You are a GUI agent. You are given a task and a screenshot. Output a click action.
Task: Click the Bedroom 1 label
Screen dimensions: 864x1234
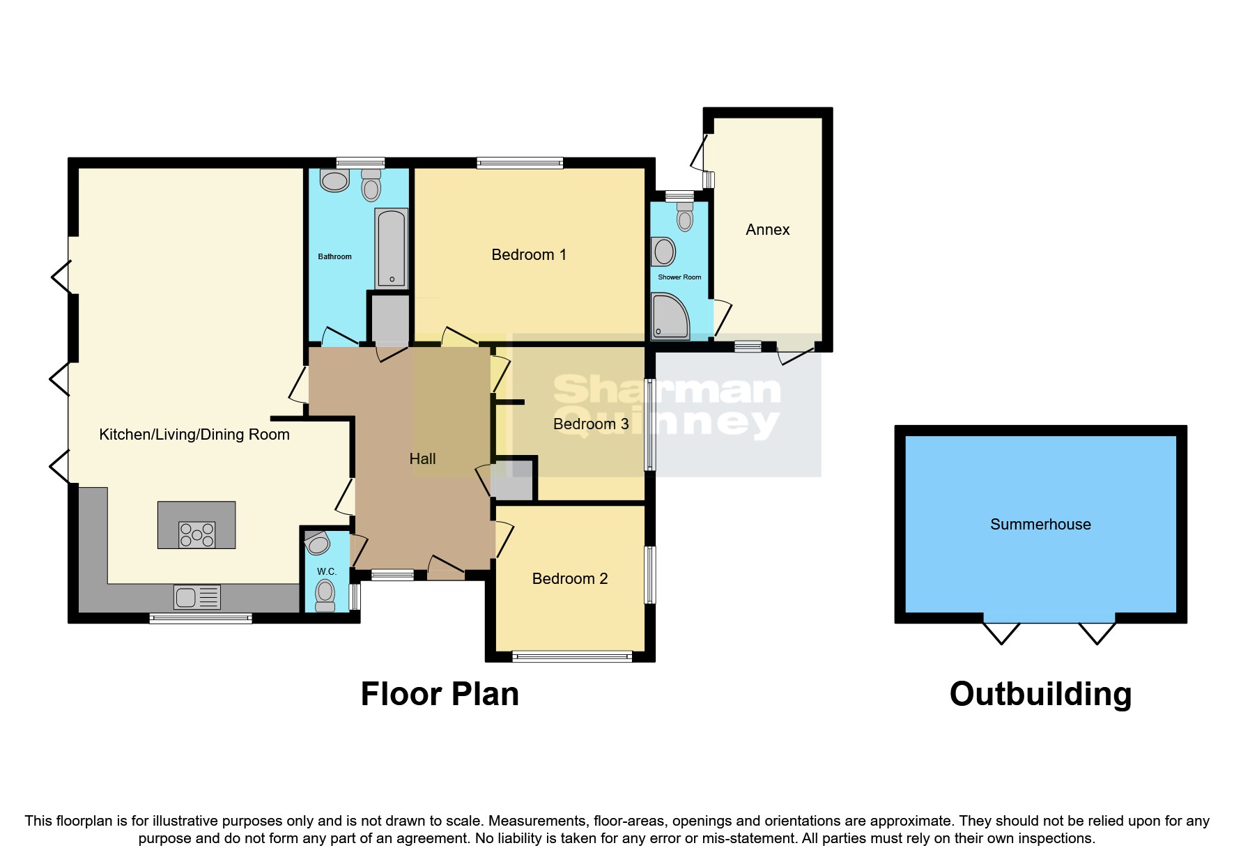[529, 255]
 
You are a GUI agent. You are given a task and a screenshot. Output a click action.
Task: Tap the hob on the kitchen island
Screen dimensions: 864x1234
[196, 534]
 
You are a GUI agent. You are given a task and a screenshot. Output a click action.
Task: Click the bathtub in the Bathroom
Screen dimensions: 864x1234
[391, 248]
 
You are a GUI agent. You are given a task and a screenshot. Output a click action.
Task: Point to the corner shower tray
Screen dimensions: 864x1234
[670, 316]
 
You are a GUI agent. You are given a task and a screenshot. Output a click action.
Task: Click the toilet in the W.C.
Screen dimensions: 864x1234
[325, 595]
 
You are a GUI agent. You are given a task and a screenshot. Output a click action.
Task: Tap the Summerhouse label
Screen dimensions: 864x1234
[1040, 525]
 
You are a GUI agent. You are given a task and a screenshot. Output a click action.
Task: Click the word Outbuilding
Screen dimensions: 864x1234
[1040, 694]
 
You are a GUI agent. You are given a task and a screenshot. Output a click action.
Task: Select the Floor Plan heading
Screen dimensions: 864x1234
[440, 694]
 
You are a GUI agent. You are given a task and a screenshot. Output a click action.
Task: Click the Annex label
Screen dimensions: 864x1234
[767, 230]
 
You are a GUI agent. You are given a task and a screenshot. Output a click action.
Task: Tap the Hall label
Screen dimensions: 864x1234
[422, 458]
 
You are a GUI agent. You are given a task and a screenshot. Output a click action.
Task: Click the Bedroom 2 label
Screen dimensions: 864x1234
[569, 579]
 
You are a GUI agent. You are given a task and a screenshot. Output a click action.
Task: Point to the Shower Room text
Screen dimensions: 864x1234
[679, 277]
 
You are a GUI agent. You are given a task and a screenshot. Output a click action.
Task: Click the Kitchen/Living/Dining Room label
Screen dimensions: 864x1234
[194, 435]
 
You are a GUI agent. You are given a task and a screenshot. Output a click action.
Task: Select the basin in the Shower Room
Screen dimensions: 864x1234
[664, 252]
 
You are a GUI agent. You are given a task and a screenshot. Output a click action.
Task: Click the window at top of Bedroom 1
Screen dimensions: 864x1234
[520, 163]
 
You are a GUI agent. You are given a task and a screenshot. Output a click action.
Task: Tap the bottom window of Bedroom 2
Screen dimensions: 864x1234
[572, 656]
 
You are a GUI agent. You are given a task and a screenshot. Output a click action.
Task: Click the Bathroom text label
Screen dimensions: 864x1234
[334, 256]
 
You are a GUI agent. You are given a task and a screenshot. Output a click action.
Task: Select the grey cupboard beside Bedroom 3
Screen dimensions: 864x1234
[514, 479]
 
